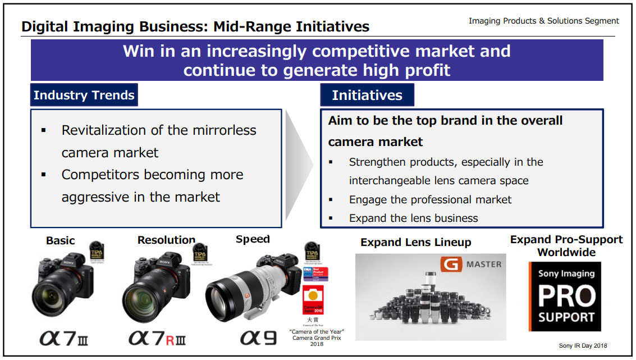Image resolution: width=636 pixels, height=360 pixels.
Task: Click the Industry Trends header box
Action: point(84,95)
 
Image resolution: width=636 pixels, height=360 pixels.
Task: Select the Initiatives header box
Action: point(367,95)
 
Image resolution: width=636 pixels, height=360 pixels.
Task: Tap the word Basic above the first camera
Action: point(60,240)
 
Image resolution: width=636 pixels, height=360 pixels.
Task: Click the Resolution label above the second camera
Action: point(166,240)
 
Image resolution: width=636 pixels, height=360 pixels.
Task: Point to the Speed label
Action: point(253,239)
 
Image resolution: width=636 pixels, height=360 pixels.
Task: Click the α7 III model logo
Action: point(63,339)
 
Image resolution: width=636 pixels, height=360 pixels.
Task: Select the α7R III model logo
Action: point(157,339)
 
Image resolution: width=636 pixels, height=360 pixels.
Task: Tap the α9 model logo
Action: point(258,338)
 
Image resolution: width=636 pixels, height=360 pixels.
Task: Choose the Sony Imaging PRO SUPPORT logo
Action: point(565,296)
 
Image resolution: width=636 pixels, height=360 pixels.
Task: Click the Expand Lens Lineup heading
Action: point(415,243)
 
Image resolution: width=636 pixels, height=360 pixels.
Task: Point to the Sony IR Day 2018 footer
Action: point(583,345)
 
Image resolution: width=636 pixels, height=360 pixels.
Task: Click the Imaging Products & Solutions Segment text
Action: point(543,21)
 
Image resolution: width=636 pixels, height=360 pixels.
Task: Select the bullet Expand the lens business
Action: point(413,218)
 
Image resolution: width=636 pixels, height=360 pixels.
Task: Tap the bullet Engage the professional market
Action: point(430,199)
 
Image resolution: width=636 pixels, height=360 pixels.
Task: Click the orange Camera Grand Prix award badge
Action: point(313,300)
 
